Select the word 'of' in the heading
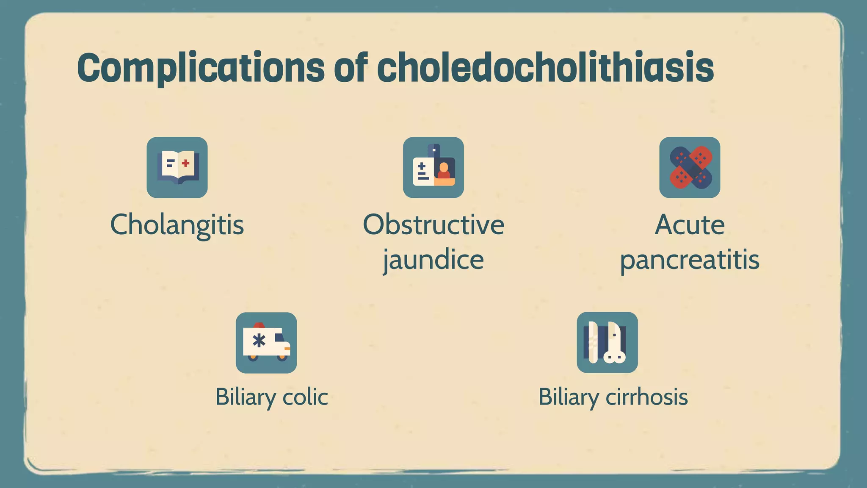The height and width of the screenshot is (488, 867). point(351,67)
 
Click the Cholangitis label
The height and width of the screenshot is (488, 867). point(177,225)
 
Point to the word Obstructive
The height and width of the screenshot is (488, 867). point(433,225)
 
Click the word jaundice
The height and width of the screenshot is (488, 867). point(433,260)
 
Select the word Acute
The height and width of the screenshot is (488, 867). point(690,225)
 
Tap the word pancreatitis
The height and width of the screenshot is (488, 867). point(690,260)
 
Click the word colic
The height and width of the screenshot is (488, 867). point(305,397)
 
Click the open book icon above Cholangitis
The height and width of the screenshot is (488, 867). point(177,167)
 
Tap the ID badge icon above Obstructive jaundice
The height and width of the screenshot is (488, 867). point(433,167)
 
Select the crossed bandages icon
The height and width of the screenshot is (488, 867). point(690,167)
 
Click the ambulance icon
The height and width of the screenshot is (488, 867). point(266,343)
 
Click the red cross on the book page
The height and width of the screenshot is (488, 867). point(185,163)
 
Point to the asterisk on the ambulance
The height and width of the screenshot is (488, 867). point(259,340)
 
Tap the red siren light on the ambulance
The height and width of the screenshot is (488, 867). point(259,325)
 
